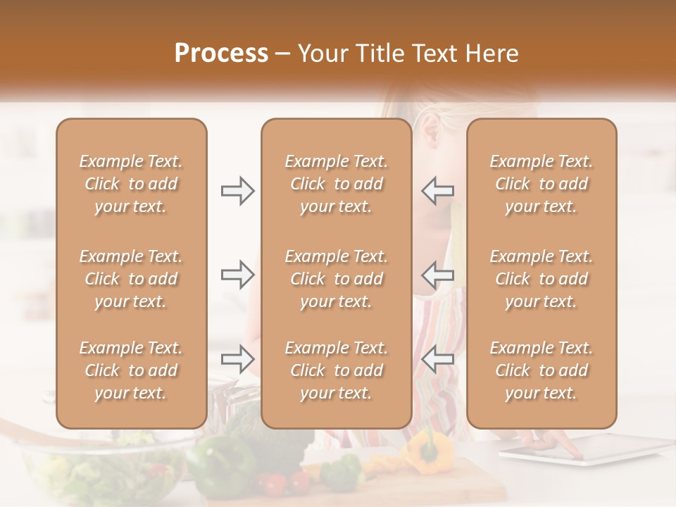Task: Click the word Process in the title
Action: click(221, 54)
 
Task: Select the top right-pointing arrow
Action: click(237, 191)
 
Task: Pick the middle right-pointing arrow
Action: click(237, 275)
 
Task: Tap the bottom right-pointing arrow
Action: click(237, 359)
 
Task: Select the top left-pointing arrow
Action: click(437, 190)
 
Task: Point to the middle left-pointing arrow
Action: click(437, 275)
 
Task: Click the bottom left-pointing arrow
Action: click(437, 359)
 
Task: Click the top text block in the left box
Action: click(131, 184)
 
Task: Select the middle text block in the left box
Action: click(131, 279)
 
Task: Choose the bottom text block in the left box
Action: click(131, 370)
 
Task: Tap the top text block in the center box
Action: click(337, 184)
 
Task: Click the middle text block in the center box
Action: click(337, 279)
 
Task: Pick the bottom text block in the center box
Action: click(337, 370)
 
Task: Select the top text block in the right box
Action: click(542, 184)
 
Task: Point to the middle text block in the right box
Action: click(542, 279)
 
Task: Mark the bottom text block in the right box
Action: click(542, 370)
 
